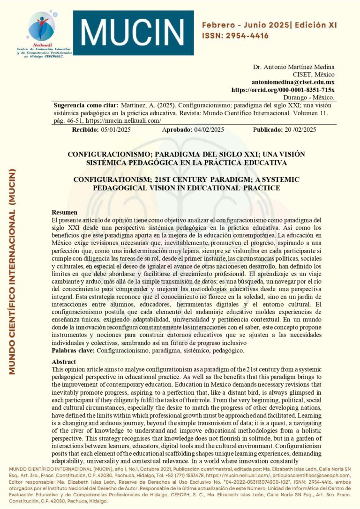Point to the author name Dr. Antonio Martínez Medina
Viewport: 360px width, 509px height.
pos(294,66)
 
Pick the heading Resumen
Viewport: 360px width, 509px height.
pos(64,212)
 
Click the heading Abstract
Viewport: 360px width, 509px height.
pos(64,362)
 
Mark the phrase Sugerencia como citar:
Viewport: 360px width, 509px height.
pos(86,105)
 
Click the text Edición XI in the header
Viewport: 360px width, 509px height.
pos(315,25)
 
